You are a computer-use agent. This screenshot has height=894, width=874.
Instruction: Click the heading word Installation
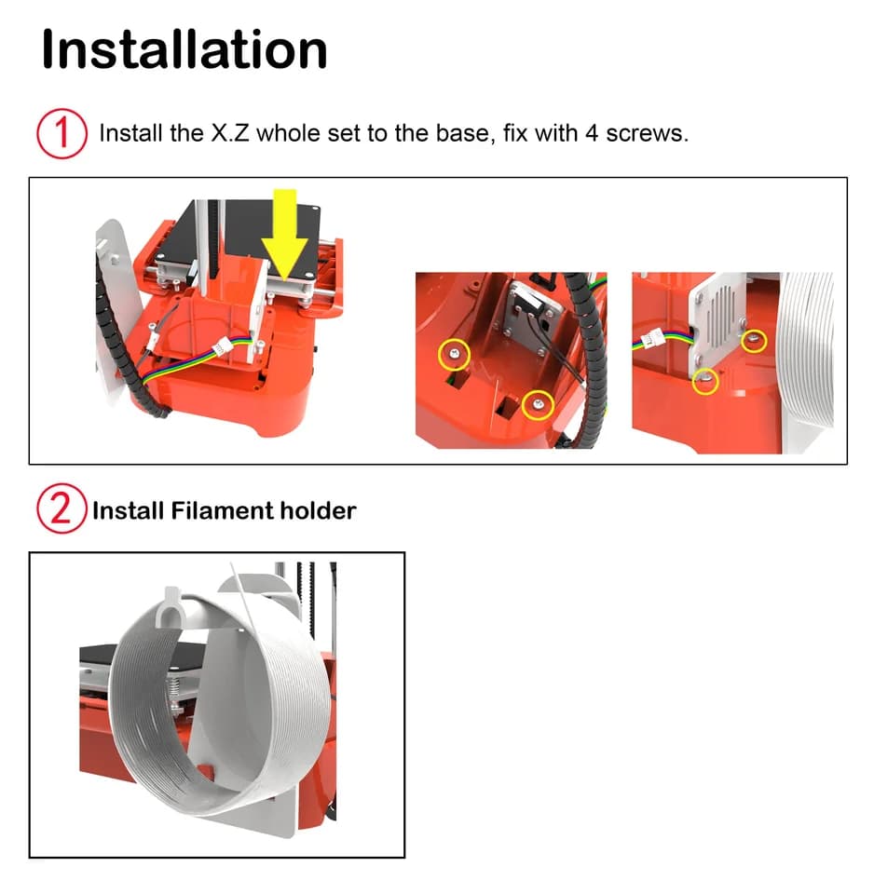(x=184, y=49)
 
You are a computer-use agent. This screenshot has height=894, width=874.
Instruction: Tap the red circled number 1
(x=61, y=133)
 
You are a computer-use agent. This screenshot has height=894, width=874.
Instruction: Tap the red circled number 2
(x=61, y=508)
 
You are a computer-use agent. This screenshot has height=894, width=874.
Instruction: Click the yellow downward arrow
(x=285, y=234)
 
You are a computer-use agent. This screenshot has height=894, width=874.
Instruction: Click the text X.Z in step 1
(x=230, y=133)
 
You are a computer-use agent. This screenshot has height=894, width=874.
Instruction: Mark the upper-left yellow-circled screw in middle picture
(x=454, y=355)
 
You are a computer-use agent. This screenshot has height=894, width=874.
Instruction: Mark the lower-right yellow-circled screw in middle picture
(x=538, y=405)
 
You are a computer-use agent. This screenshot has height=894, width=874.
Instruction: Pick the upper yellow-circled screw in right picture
(x=754, y=341)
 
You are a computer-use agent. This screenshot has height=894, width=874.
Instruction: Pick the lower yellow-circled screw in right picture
(x=705, y=381)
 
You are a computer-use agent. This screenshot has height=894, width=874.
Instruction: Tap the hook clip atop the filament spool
(x=171, y=607)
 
